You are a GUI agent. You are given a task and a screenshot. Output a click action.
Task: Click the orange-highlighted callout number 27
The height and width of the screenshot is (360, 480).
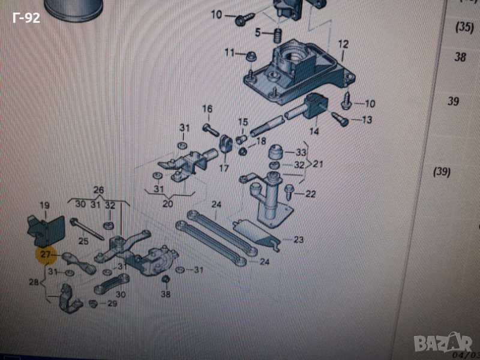pos(46,256)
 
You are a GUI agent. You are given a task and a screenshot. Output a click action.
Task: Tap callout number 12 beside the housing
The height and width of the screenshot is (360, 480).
pos(343,44)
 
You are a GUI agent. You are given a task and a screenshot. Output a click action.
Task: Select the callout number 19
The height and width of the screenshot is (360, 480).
pos(44,206)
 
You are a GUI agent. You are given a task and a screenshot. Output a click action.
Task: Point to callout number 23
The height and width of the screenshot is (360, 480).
pos(298,240)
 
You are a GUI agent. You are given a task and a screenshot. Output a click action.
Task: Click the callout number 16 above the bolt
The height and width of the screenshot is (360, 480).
pos(207,109)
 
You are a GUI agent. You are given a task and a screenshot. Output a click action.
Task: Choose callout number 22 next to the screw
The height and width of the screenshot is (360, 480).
pos(310,193)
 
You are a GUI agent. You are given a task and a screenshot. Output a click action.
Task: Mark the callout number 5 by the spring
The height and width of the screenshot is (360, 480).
pos(257,32)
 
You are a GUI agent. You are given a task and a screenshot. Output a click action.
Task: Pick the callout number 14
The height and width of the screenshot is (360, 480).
pos(314,131)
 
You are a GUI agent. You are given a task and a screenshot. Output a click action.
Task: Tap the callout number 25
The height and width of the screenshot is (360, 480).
pos(83,241)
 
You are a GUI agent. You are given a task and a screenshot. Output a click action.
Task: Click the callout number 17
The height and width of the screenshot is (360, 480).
pos(224,169)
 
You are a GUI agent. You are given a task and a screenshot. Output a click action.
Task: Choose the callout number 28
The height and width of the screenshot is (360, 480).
pos(34,281)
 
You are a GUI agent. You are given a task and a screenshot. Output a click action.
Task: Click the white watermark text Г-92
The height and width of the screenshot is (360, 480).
pos(26,19)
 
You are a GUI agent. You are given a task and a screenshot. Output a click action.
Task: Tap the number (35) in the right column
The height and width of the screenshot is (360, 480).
pos(464,26)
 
